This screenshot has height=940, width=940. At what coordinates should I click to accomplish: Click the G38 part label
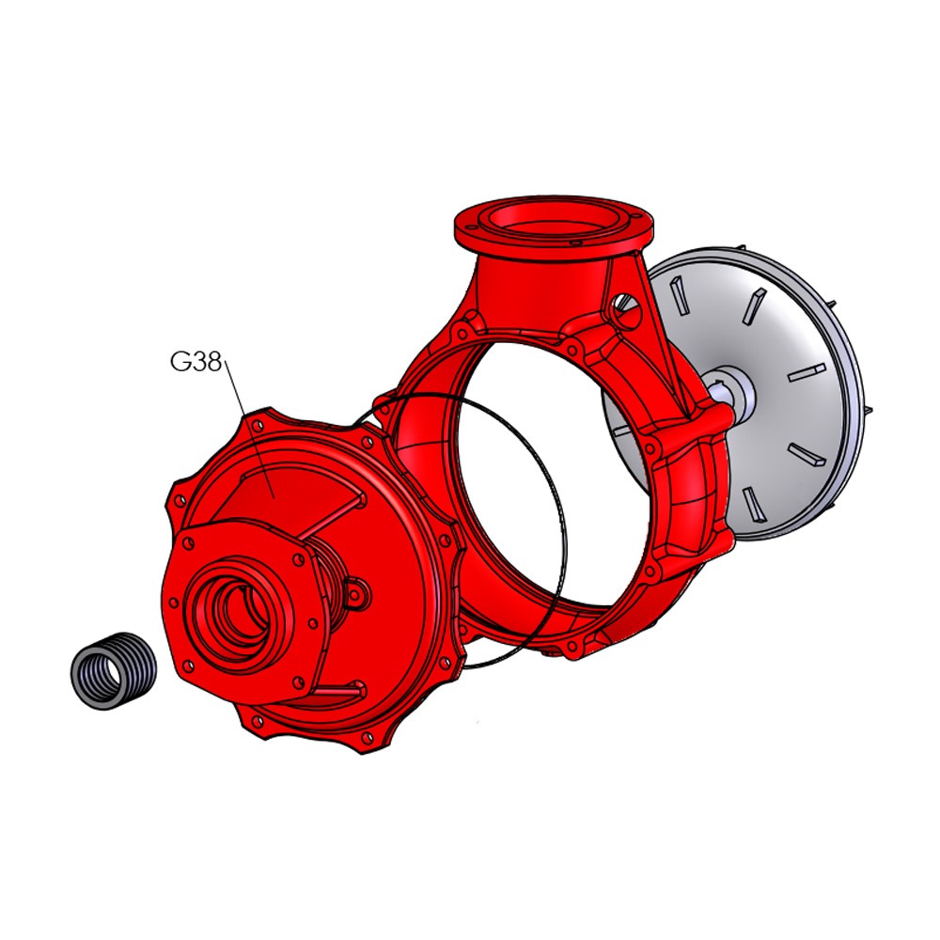pyautogui.click(x=196, y=362)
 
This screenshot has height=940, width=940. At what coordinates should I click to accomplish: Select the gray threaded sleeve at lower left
pyautogui.click(x=114, y=671)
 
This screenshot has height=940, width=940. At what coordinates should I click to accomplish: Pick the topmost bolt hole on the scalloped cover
pyautogui.click(x=258, y=425)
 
